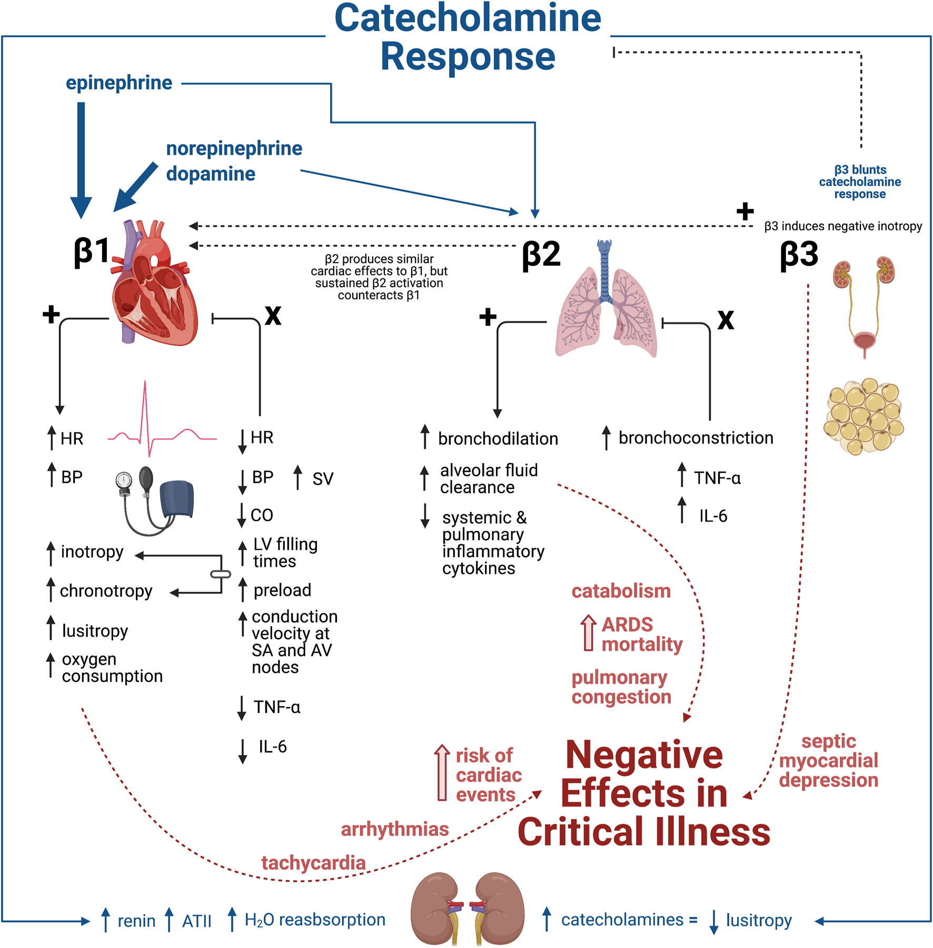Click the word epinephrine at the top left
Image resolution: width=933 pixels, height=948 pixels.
point(119,83)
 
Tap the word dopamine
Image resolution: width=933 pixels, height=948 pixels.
point(211,174)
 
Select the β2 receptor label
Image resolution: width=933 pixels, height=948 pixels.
point(541,255)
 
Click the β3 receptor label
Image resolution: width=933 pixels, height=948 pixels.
point(799,255)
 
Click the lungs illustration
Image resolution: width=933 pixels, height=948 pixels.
point(606,305)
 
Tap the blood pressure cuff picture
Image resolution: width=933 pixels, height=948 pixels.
point(155,500)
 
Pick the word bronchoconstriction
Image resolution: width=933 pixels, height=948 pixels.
point(696,438)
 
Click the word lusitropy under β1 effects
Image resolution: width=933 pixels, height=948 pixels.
point(95,630)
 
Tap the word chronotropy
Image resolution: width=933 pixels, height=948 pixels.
point(106,591)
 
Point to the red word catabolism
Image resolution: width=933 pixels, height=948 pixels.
point(621,591)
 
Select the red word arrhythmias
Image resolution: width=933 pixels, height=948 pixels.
point(394,829)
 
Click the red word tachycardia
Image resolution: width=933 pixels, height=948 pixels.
point(313,863)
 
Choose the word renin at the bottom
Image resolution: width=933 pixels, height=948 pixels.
point(136,921)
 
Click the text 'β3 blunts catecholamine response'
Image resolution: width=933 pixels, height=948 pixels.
point(860,181)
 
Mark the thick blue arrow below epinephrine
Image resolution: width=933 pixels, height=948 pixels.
point(81,158)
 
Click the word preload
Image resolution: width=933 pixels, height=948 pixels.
point(282,590)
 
